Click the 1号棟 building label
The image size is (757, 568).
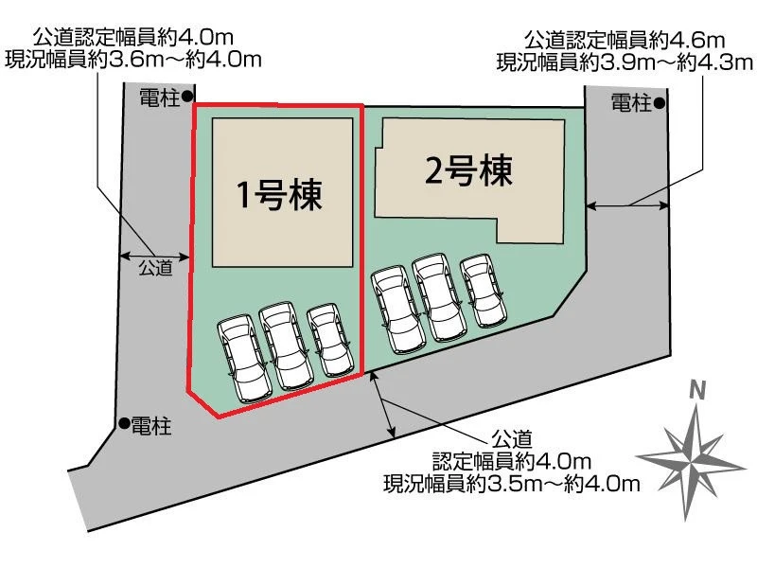[279, 195]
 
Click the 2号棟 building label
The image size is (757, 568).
[468, 171]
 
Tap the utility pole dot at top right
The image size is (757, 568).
[660, 103]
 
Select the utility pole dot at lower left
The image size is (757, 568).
[125, 423]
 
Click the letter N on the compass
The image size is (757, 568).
[697, 390]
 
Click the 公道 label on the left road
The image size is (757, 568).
[155, 268]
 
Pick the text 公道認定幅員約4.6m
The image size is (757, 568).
[625, 40]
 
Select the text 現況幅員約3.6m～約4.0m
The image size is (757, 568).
[133, 59]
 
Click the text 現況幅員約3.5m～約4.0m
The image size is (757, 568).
[512, 483]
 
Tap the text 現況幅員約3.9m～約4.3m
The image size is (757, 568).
[625, 62]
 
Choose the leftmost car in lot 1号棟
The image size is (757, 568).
[244, 359]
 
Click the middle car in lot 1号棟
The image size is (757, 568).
[287, 346]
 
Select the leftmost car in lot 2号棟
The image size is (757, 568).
[398, 311]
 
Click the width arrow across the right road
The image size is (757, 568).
[626, 206]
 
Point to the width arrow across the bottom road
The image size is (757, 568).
[384, 405]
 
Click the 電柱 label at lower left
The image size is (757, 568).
[151, 426]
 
